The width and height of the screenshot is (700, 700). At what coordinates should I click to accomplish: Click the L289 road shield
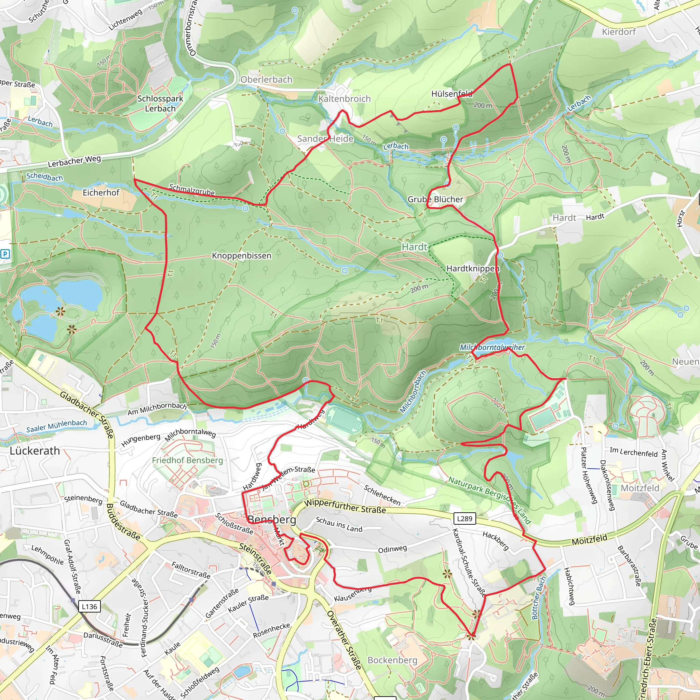point(465,519)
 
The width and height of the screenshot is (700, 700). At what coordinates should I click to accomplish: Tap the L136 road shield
point(89,607)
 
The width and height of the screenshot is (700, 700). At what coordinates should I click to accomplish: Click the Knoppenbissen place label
point(241,256)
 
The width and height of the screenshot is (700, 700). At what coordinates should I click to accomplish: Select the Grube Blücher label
point(435,199)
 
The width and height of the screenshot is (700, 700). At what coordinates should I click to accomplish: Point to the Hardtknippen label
point(472,268)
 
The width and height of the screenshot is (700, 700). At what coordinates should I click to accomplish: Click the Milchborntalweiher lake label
point(492,347)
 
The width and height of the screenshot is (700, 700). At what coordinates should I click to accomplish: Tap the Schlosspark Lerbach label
point(160,103)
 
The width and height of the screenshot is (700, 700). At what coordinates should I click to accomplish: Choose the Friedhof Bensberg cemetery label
point(187,460)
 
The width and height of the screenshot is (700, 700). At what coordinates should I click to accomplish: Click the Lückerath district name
point(35,451)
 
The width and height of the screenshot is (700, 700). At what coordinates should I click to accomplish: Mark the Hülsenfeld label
point(452,94)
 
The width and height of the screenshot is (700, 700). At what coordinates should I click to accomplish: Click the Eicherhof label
point(101,192)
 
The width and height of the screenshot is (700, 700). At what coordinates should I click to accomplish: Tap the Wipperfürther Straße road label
point(345,506)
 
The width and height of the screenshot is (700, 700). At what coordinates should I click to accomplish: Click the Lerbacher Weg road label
point(74,161)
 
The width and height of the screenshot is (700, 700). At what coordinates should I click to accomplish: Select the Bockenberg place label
point(392,660)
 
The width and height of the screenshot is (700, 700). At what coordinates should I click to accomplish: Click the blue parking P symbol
point(5,254)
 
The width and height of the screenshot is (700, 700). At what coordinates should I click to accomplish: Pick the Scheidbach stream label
point(44,177)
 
